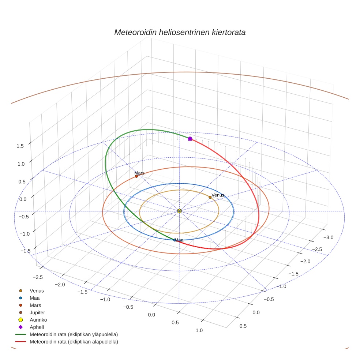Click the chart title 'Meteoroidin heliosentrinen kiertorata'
[180, 32]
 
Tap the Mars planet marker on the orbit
[136, 176]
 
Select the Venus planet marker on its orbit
[210, 197]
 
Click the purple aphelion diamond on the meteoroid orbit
[190, 139]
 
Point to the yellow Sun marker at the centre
[179, 211]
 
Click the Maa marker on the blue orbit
[175, 240]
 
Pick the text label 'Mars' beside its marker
[139, 173]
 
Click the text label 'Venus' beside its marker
[218, 195]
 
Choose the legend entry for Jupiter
[37, 312]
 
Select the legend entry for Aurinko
[38, 320]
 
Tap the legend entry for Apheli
[37, 327]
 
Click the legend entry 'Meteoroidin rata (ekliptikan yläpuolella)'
[74, 334]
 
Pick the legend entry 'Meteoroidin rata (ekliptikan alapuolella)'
[74, 342]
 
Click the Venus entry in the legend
[37, 290]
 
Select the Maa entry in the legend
[35, 298]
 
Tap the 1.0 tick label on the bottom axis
[199, 330]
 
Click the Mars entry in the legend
[35, 305]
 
